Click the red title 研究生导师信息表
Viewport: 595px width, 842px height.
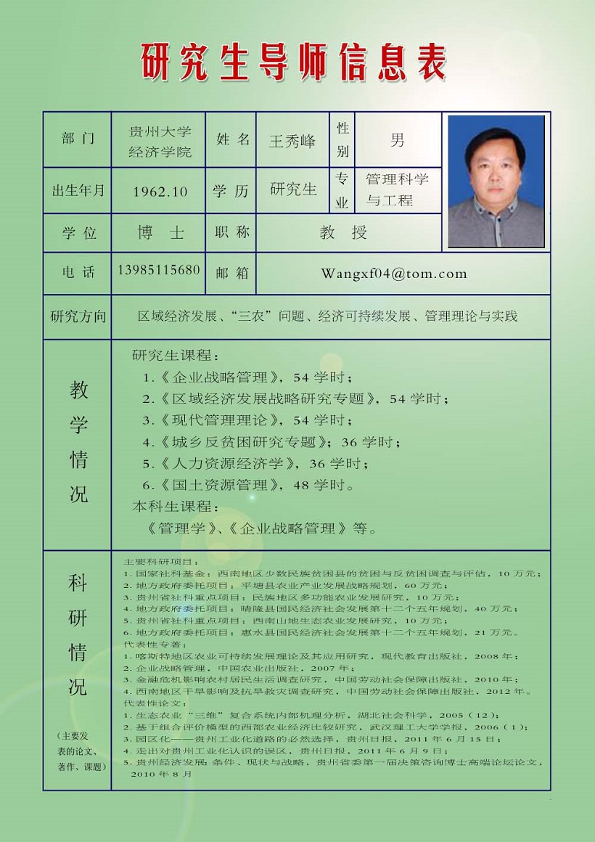tap(293, 62)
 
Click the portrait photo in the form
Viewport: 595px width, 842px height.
tap(496, 181)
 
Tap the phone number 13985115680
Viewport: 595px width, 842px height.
tap(158, 270)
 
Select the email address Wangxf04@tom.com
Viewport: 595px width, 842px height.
tap(394, 274)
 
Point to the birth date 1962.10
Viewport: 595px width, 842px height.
tap(160, 192)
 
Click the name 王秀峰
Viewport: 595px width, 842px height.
tap(292, 141)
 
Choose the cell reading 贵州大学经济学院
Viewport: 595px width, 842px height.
tap(160, 142)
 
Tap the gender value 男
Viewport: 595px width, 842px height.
tap(397, 140)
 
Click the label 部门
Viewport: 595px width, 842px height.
tap(78, 139)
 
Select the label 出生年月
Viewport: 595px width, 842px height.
tap(78, 191)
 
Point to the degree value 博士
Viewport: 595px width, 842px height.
tap(160, 233)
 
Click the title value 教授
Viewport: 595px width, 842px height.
tap(344, 233)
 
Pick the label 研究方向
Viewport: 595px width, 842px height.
tap(78, 316)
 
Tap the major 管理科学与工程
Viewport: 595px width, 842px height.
tap(397, 189)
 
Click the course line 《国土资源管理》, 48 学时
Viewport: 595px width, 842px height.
tap(248, 485)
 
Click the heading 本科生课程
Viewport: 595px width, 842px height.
tap(175, 506)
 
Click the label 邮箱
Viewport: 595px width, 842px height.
tap(232, 273)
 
